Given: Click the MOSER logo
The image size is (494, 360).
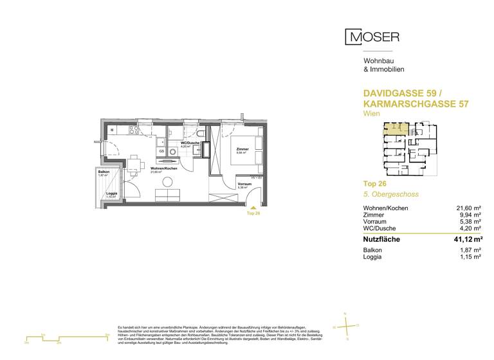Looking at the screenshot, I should pyautogui.click(x=372, y=37).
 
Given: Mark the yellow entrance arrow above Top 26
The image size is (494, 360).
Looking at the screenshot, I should pyautogui.click(x=253, y=208).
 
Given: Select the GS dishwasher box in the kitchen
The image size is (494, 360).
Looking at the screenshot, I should pyautogui.click(x=161, y=152).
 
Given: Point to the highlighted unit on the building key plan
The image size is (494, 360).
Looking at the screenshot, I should pyautogui.click(x=390, y=129).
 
